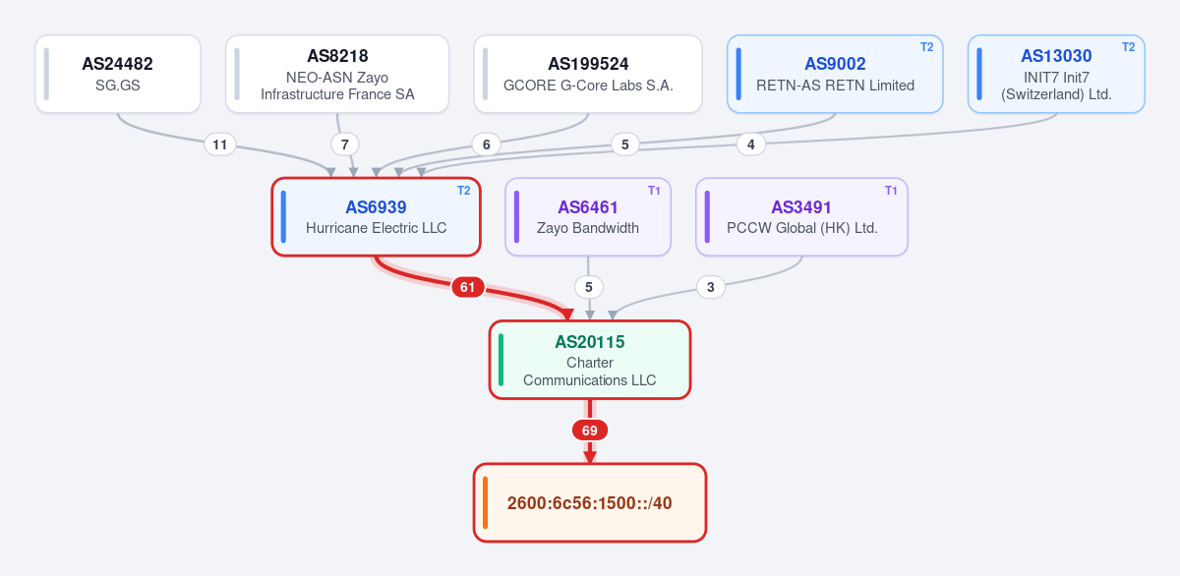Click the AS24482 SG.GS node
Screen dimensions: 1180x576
point(118,74)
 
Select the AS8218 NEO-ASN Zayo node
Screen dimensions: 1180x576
point(337,74)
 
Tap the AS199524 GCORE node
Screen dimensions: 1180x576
point(588,74)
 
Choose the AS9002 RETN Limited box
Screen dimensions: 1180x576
point(835,74)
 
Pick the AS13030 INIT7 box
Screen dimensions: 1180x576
point(1056,74)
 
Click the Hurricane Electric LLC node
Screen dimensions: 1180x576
point(376,217)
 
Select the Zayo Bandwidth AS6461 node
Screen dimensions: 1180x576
point(588,217)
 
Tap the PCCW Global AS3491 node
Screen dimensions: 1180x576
point(801,217)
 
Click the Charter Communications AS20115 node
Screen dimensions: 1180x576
point(589,360)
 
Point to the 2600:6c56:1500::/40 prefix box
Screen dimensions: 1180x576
point(589,503)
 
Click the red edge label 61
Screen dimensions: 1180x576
point(467,287)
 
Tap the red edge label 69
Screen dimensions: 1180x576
point(589,431)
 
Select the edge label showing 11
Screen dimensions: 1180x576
point(219,144)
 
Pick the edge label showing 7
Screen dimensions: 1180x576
point(344,144)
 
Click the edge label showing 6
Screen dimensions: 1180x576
point(486,144)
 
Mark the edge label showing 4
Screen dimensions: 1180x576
point(750,144)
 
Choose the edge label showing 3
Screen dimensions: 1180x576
point(711,287)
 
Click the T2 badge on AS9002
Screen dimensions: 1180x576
point(926,47)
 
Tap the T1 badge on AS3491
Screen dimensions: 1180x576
point(891,190)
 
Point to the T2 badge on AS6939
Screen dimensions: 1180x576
point(463,190)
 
